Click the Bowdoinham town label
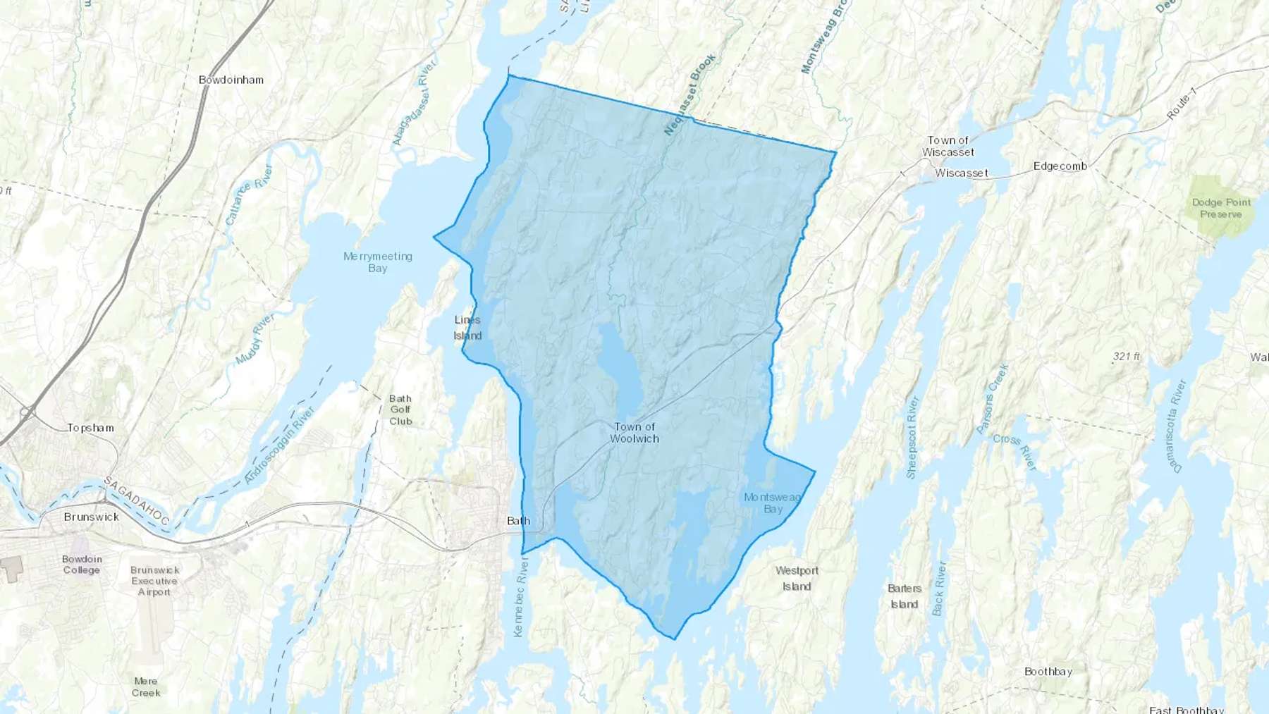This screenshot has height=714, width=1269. (x=231, y=80)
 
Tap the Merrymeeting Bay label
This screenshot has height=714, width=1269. (x=378, y=262)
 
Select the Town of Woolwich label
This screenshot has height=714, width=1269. (x=634, y=433)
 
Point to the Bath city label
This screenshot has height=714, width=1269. (x=518, y=521)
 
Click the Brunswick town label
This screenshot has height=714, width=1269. (x=92, y=517)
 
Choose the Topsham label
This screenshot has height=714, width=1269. (x=90, y=428)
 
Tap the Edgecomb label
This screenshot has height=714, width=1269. (x=1060, y=166)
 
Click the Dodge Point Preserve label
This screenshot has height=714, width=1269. (x=1221, y=208)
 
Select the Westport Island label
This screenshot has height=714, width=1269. (x=797, y=579)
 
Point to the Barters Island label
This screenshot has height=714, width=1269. (x=905, y=596)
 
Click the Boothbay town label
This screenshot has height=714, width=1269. (x=1048, y=672)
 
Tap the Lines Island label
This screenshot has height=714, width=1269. (x=467, y=328)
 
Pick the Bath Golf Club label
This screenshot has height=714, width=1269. (x=400, y=410)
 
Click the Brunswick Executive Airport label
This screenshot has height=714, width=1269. (x=154, y=581)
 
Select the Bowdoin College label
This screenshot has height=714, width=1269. (x=82, y=565)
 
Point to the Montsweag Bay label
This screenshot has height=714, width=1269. (x=773, y=503)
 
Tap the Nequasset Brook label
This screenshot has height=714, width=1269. (x=690, y=94)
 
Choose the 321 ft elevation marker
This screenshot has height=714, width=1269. (x=1126, y=357)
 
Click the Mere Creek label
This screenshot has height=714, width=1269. (x=146, y=687)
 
